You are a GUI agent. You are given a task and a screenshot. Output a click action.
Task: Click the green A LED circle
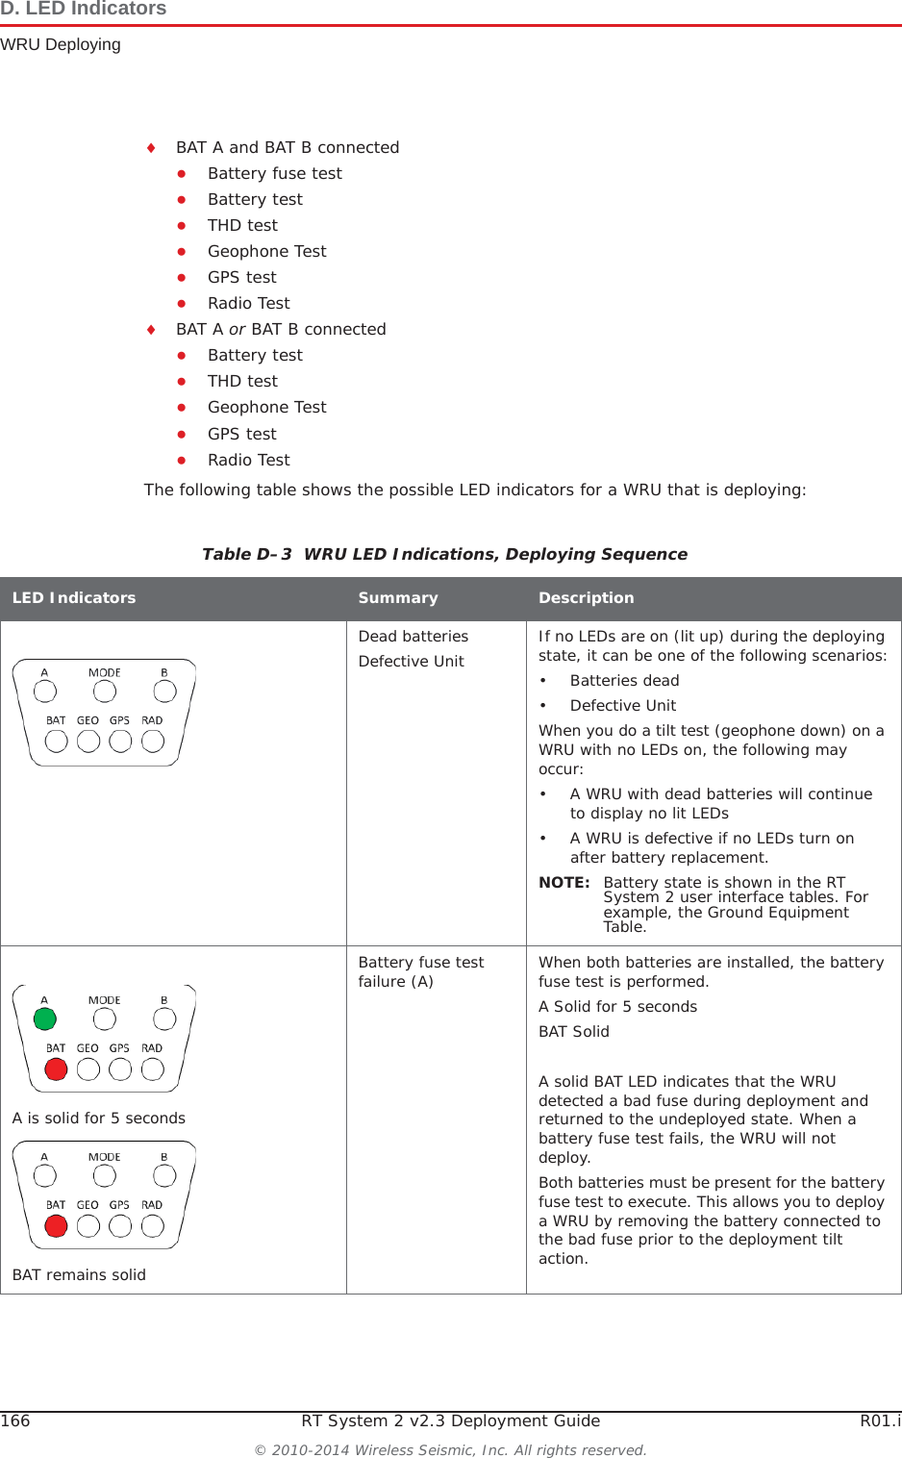[44, 1018]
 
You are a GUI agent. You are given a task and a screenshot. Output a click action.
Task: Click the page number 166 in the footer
[15, 1420]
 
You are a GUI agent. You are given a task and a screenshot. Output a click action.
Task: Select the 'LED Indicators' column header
[74, 597]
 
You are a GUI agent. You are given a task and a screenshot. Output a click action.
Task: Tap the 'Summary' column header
[397, 597]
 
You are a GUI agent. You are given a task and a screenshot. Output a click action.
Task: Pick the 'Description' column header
[586, 597]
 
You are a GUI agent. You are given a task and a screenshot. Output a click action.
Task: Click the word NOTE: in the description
[564, 882]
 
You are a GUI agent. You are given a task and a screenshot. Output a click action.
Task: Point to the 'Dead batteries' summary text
[413, 636]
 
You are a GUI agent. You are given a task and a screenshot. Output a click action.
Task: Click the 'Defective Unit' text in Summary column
[411, 661]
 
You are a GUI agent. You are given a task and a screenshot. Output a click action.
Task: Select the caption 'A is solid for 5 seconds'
[99, 1118]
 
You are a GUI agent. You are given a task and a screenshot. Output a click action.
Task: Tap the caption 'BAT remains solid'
[79, 1274]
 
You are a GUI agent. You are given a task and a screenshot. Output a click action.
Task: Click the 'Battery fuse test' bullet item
[274, 173]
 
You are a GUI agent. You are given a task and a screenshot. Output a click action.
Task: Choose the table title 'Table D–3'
[246, 554]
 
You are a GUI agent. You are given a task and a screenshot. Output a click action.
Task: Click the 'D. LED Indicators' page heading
[84, 10]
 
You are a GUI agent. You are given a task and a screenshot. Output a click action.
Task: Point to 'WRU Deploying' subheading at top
[61, 44]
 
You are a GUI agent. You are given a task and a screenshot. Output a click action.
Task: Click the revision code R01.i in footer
[880, 1420]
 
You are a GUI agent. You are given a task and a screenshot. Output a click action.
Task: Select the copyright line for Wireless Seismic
[450, 1449]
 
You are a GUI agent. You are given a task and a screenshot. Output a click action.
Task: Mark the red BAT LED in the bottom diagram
[57, 1225]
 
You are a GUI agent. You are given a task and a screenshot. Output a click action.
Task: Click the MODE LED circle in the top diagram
[105, 691]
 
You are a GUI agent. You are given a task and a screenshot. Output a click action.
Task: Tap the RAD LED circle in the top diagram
[153, 741]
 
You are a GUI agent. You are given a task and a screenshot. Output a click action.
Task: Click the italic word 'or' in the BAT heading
[237, 329]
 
